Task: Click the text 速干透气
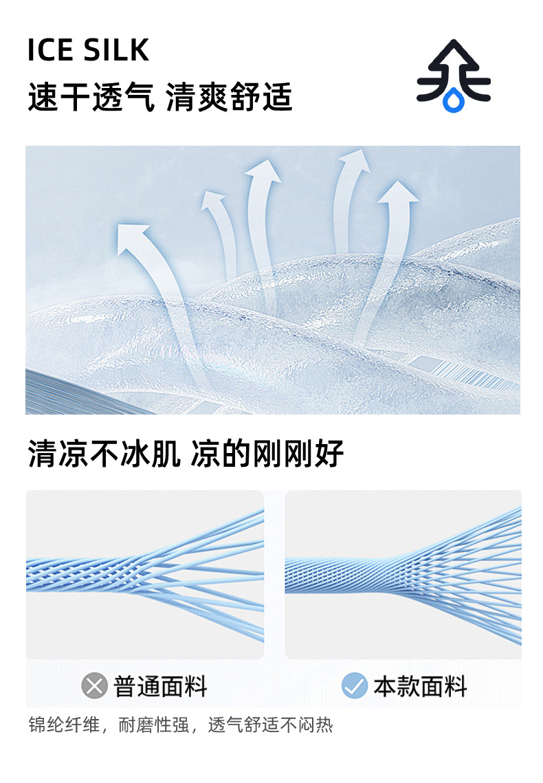pos(91,97)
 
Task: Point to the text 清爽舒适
pos(230,97)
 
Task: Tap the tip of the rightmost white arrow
pos(399,186)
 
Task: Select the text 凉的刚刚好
pos(267,454)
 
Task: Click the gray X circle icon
pos(94,685)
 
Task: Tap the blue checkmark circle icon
pos(355,685)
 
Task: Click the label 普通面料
pos(160,686)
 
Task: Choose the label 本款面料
pos(420,686)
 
